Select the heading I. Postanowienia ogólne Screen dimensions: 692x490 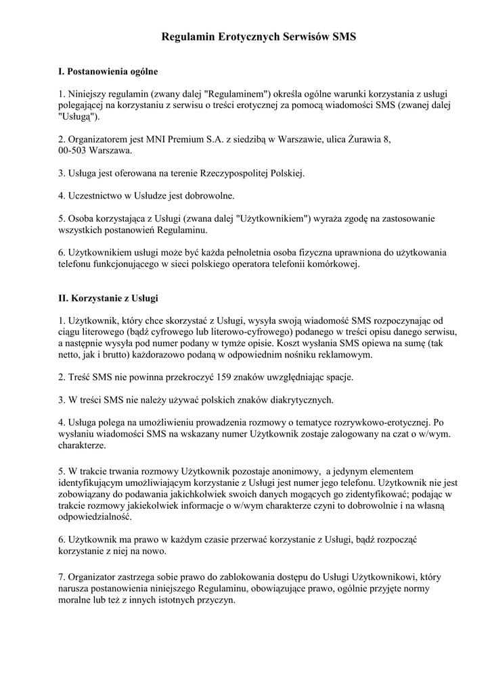[x=108, y=70]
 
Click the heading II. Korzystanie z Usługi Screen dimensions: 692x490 [x=108, y=297]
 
